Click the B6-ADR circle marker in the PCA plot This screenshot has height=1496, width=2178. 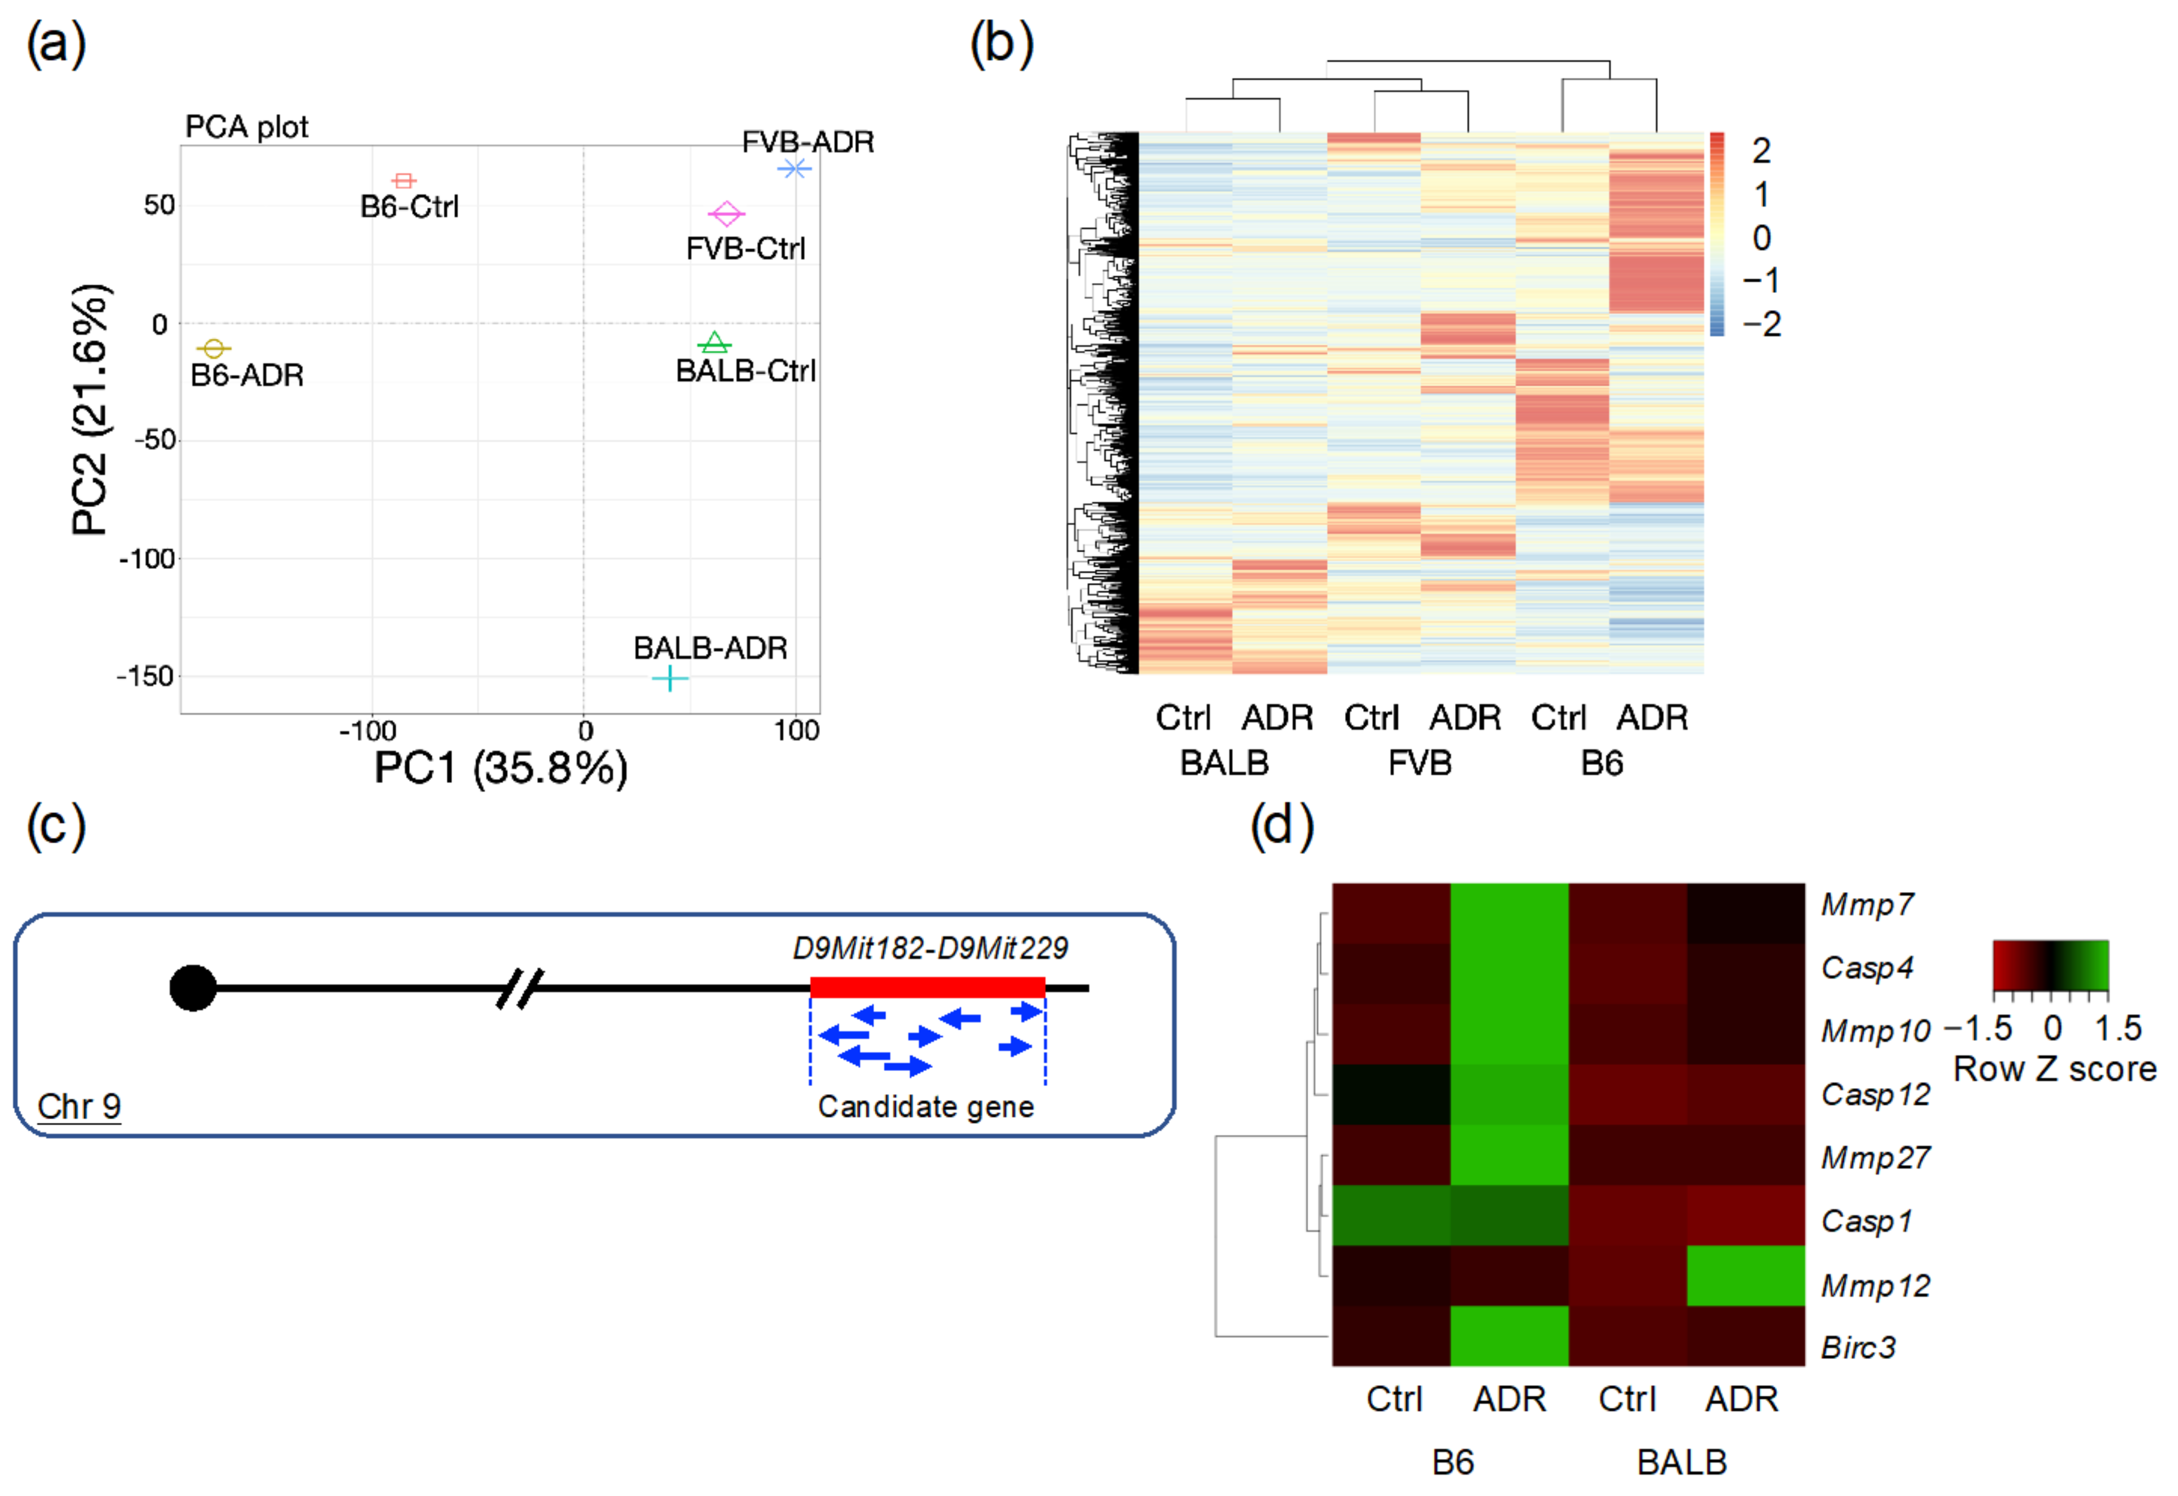214,349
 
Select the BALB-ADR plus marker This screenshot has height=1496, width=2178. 669,678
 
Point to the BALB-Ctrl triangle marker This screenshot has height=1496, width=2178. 715,343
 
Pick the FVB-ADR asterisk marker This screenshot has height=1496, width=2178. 795,169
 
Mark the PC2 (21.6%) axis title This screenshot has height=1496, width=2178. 91,409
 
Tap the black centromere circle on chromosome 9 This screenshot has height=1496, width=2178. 193,988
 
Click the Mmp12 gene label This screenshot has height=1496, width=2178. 1875,1285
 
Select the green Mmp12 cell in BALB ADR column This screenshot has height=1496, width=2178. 1745,1276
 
